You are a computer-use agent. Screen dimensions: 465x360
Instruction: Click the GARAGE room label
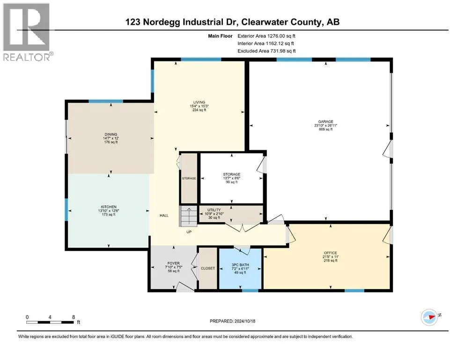coord(325,121)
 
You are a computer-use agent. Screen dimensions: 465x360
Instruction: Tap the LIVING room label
coord(199,102)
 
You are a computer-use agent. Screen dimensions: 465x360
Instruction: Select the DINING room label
coord(111,135)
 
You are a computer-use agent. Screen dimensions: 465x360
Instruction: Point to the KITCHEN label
coord(109,207)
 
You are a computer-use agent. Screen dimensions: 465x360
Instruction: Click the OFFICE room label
coord(330,253)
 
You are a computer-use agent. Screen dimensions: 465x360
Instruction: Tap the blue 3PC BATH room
coord(240,268)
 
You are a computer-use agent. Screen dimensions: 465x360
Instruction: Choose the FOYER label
coord(173,263)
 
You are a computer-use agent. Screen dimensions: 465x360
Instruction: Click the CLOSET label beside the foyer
coord(207,268)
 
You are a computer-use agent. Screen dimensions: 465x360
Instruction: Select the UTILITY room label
coord(214,210)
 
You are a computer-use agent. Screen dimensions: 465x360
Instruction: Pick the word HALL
coord(164,216)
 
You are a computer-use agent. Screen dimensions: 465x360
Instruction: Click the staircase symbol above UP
coord(188,216)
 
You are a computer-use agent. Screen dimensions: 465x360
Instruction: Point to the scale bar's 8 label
coord(74,317)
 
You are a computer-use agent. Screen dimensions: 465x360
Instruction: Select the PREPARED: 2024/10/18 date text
coord(232,321)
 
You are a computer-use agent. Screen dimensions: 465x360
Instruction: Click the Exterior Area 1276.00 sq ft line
coord(266,36)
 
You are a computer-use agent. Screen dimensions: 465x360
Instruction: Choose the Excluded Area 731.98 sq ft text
coord(266,51)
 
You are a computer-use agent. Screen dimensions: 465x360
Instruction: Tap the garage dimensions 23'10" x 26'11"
coord(325,125)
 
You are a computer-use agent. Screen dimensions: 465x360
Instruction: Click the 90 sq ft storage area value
coord(232,182)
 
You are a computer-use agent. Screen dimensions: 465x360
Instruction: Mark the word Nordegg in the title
coord(162,22)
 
